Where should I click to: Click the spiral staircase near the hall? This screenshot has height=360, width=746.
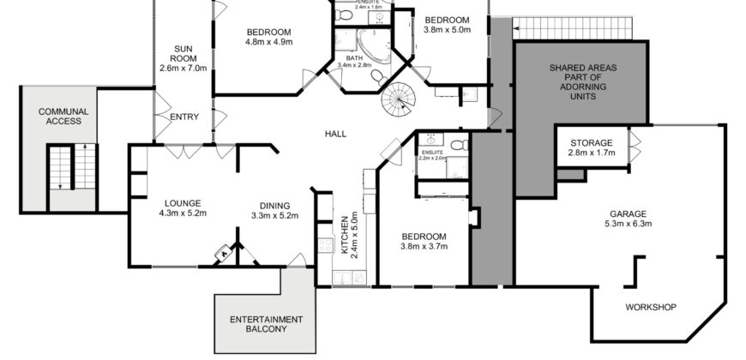pos(397,104)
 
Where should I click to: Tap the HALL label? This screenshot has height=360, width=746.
pos(335,134)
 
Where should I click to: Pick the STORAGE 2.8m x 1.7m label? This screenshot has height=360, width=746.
pos(590,147)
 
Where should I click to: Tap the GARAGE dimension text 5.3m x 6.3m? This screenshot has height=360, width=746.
pos(629,224)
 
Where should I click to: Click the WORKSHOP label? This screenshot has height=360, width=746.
pos(650,307)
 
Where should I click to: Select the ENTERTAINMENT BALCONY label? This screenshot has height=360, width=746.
pos(264,323)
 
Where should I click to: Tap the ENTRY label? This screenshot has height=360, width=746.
pos(185,117)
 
